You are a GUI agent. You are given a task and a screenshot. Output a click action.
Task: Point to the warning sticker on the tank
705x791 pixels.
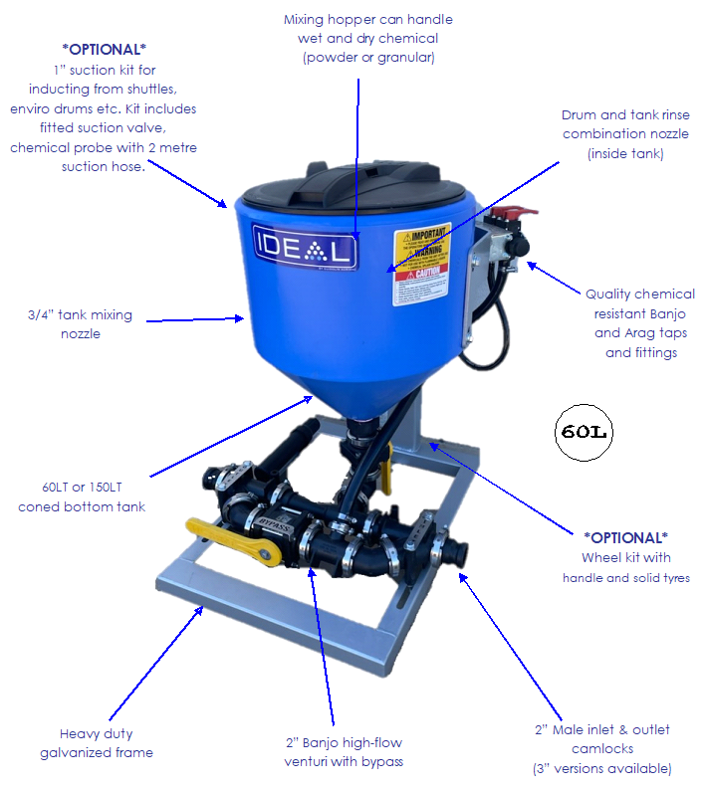(x=422, y=254)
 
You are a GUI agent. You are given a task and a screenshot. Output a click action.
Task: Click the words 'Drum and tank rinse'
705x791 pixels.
(x=625, y=114)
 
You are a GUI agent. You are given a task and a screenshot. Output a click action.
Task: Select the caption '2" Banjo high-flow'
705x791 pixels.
(x=344, y=741)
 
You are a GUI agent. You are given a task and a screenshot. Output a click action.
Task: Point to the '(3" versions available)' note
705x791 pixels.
(x=602, y=768)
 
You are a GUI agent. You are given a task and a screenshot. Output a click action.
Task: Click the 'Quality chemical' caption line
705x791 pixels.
(x=639, y=294)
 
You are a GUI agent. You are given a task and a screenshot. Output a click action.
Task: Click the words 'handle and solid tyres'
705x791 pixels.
(x=625, y=577)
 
